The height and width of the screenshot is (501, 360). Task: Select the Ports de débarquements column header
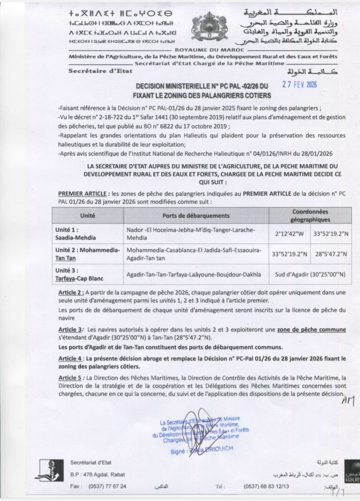[196, 215]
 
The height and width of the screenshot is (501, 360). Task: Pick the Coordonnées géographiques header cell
[310, 215]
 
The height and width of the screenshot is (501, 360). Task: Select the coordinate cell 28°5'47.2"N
[331, 254]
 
